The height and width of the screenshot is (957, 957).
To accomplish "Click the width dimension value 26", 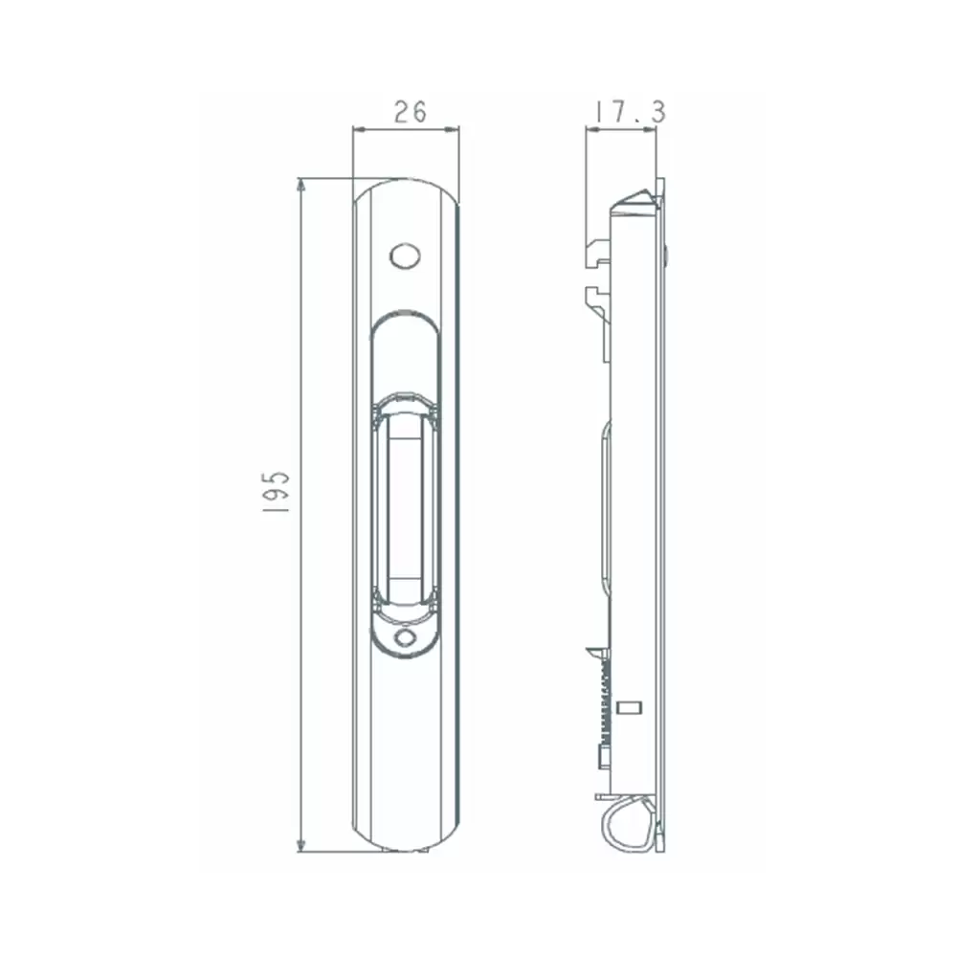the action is [410, 112].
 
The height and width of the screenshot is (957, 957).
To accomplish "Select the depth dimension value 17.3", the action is [631, 112].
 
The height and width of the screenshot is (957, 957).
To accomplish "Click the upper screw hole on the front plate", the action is [405, 256].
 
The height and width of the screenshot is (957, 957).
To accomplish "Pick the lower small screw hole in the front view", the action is [405, 638].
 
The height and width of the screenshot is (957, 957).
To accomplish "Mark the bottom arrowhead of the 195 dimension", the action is [300, 844].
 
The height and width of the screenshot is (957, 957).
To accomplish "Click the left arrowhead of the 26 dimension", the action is [360, 129].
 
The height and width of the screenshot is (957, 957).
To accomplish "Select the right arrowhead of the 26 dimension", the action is [452, 129].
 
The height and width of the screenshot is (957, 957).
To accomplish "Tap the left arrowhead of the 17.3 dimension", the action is [592, 129].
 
